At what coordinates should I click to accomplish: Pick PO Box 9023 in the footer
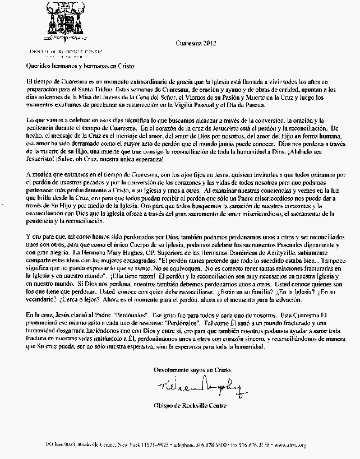[62, 445]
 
